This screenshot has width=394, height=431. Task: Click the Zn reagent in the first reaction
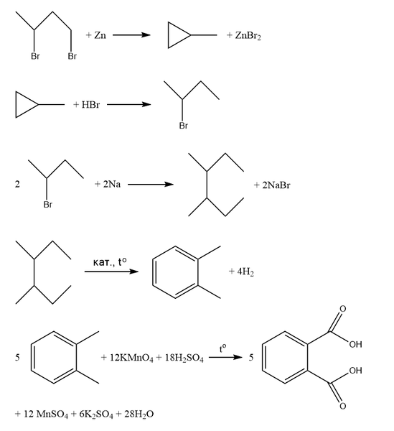pos(100,35)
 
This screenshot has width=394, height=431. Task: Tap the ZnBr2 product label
pos(248,36)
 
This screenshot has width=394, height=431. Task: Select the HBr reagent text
pos(90,105)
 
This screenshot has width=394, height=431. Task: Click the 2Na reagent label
pos(112,184)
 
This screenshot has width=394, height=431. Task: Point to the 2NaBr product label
pos(276,185)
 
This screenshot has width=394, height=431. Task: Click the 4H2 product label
pos(245,272)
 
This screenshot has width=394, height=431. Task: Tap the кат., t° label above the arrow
pos(110,262)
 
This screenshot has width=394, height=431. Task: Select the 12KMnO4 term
pos(131,358)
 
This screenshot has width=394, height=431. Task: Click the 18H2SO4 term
pos(184,358)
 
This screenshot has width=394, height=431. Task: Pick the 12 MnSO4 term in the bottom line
pos(46,414)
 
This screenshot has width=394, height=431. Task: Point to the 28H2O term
pos(139,414)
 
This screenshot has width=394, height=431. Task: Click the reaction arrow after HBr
pos(128,104)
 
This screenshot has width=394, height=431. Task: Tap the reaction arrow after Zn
pos(131,35)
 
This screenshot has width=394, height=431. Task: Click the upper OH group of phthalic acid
pos(355,344)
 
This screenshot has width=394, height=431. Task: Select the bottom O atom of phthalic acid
pos(342,406)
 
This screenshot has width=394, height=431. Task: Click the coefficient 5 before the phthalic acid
pos(251,357)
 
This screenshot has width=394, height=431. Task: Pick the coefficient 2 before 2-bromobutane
pos(17,184)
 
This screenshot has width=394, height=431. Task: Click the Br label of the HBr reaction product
pos(184,126)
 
